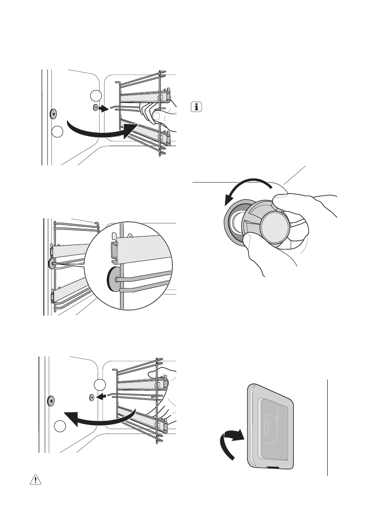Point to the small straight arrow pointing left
102,398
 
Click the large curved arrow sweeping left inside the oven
97,418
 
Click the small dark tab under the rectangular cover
273,467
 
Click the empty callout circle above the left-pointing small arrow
101,385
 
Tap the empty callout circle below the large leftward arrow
61,428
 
